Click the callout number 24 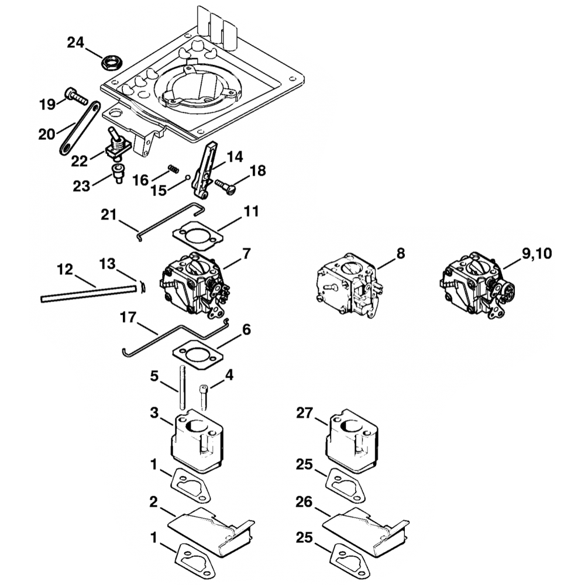tap(76, 42)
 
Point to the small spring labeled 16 tap(173, 168)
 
